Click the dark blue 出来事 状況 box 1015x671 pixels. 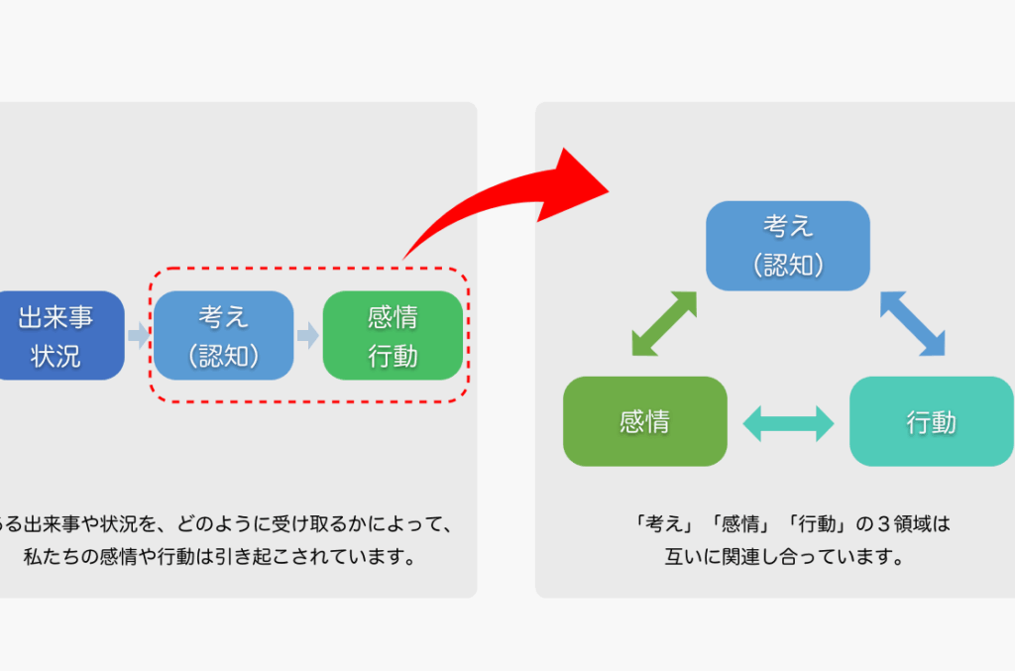click(x=57, y=335)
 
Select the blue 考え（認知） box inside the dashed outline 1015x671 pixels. click(x=224, y=335)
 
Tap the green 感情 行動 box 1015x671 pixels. click(x=394, y=335)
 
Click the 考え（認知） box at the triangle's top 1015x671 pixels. click(x=788, y=245)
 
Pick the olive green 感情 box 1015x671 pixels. click(x=644, y=421)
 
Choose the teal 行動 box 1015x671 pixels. click(x=931, y=421)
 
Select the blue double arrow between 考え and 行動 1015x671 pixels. click(x=912, y=322)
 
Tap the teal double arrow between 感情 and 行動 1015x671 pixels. click(x=788, y=422)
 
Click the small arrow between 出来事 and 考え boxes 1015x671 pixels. click(x=139, y=335)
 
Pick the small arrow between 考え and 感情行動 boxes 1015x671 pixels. click(x=308, y=335)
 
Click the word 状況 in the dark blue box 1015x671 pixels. click(x=56, y=356)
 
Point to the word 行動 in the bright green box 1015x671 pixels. click(x=394, y=356)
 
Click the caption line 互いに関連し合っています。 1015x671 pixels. click(x=788, y=556)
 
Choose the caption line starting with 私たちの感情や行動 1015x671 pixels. click(x=218, y=556)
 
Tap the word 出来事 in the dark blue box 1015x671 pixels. click(x=56, y=317)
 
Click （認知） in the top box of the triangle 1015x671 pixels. click(x=788, y=265)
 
